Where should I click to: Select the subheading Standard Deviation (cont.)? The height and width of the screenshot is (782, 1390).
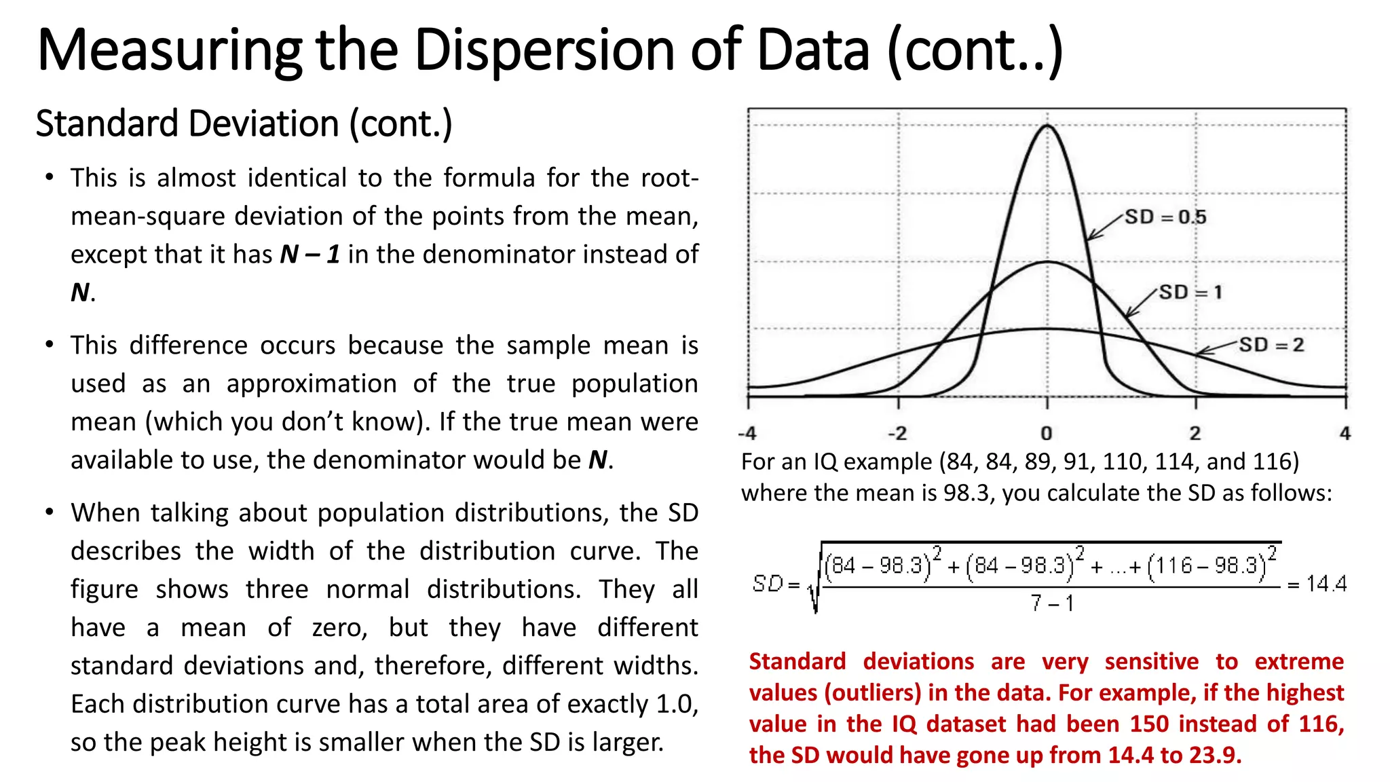pyautogui.click(x=244, y=124)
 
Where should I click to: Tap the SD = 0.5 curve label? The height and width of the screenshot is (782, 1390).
pyautogui.click(x=1165, y=217)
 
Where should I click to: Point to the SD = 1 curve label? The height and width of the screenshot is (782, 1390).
pyautogui.click(x=1190, y=293)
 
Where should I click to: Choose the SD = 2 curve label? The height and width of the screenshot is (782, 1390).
pyautogui.click(x=1271, y=345)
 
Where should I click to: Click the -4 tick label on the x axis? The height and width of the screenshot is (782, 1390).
pyautogui.click(x=747, y=433)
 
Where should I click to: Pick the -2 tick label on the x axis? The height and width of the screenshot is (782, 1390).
pyautogui.click(x=897, y=433)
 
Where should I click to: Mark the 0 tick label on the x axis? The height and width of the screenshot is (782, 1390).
pyautogui.click(x=1047, y=433)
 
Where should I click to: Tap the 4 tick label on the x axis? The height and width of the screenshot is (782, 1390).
pyautogui.click(x=1345, y=433)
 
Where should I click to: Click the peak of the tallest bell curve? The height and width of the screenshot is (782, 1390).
pyautogui.click(x=1047, y=126)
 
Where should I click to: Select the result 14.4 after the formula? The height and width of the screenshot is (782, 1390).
pyautogui.click(x=1326, y=584)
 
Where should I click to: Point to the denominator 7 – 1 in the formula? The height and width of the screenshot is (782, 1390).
pyautogui.click(x=1051, y=603)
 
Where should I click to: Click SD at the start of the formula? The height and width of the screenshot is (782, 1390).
pyautogui.click(x=768, y=583)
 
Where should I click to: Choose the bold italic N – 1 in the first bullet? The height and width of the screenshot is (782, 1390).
pyautogui.click(x=309, y=255)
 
